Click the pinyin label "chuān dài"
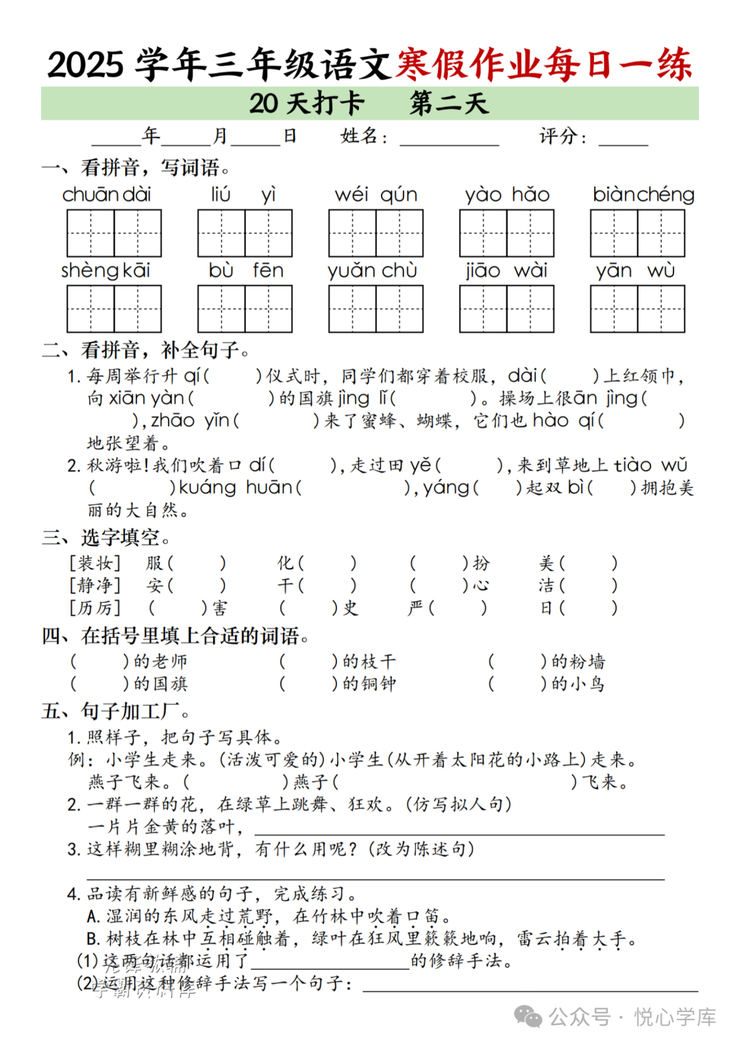pyautogui.click(x=106, y=195)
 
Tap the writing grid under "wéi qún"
pyautogui.click(x=375, y=233)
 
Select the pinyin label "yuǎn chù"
pyautogui.click(x=372, y=271)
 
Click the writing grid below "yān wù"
pyautogui.click(x=637, y=309)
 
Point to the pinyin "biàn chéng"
pyautogui.click(x=643, y=195)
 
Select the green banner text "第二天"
pyautogui.click(x=449, y=103)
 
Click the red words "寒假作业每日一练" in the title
pyautogui.click(x=544, y=64)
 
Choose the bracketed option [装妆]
pyautogui.click(x=95, y=563)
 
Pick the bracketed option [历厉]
pyautogui.click(x=95, y=608)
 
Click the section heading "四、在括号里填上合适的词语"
pyautogui.click(x=175, y=636)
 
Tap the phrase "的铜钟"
pyautogui.click(x=369, y=683)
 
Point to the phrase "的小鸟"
pyautogui.click(x=578, y=683)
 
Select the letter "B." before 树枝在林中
pyautogui.click(x=93, y=939)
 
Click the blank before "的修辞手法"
pyautogui.click(x=330, y=963)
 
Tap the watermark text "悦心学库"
pyautogui.click(x=675, y=1017)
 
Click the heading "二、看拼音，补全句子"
pyautogui.click(x=145, y=350)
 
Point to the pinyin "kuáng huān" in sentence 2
pyautogui.click(x=236, y=487)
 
